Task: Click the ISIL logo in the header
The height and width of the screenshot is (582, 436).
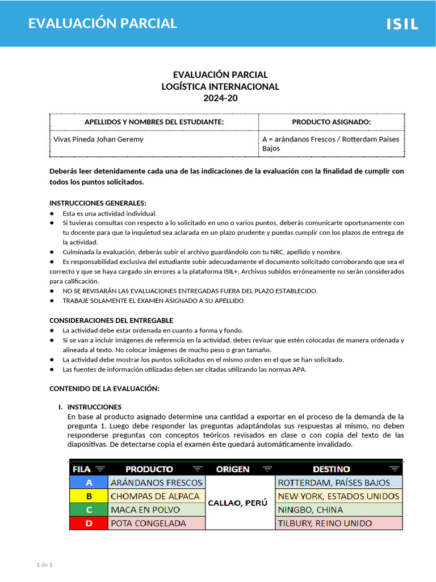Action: point(402,24)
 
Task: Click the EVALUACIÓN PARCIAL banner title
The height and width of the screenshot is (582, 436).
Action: point(103,23)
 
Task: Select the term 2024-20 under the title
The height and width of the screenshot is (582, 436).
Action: point(220,98)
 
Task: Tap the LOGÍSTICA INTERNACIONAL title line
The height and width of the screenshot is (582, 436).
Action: point(220,86)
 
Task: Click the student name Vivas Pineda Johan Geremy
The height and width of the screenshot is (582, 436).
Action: point(98,139)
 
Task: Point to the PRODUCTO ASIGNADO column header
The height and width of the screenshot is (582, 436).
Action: point(331,122)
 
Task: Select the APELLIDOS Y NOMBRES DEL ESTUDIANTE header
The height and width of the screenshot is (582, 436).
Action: point(154,122)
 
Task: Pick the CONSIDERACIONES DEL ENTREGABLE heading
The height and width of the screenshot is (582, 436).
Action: point(111,321)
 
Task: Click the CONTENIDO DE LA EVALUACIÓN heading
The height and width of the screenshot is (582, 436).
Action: point(104,388)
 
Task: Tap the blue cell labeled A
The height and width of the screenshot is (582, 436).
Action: point(89,483)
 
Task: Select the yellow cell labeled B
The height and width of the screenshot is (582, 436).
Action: point(89,496)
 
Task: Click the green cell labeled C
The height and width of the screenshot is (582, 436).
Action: point(89,510)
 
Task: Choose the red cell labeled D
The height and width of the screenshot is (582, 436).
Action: point(89,523)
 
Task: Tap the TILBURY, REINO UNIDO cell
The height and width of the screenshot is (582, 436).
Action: point(325,523)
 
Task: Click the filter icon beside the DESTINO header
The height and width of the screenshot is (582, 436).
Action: point(394,469)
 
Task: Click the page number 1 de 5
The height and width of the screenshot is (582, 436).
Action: point(44,564)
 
